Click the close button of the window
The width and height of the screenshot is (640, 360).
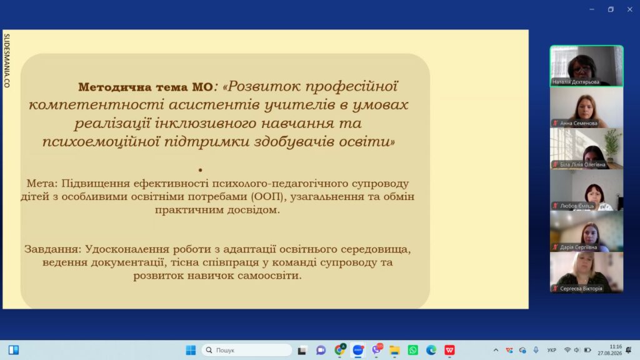click(x=630, y=9)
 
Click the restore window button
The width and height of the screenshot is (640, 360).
click(x=611, y=9)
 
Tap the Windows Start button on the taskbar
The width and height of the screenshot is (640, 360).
click(x=191, y=350)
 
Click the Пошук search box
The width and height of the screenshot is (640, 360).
click(x=246, y=350)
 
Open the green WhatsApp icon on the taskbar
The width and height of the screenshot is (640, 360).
click(x=412, y=350)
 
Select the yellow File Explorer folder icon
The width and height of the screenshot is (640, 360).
click(x=394, y=350)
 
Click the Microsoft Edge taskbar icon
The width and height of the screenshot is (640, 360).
click(x=431, y=350)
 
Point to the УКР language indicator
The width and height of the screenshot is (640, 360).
click(x=552, y=350)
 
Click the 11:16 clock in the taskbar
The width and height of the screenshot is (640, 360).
click(x=616, y=346)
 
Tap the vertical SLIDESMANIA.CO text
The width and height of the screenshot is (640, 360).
click(x=6, y=61)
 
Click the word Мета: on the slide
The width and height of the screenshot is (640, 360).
click(x=42, y=183)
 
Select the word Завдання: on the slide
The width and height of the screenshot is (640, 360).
click(x=53, y=249)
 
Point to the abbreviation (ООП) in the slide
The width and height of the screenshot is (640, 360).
click(x=267, y=196)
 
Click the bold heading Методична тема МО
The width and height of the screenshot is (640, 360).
click(x=145, y=87)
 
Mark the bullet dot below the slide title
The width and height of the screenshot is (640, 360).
click(x=200, y=170)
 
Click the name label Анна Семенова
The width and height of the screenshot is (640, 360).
click(x=578, y=123)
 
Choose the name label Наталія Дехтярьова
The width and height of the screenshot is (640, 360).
click(x=576, y=82)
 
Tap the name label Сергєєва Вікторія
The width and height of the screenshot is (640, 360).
click(x=581, y=289)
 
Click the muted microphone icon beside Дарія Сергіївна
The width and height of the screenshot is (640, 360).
click(x=555, y=247)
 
